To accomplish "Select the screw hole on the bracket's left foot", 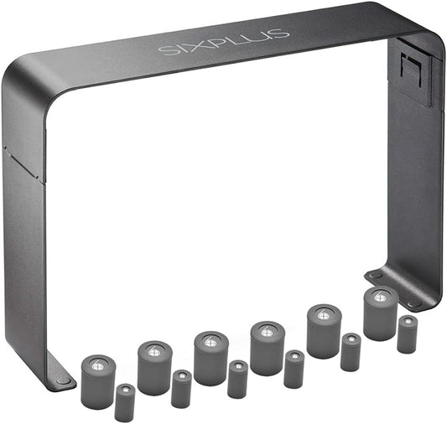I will [x=63, y=380].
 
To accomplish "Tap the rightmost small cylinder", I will [x=408, y=334].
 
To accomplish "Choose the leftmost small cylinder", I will [x=125, y=402].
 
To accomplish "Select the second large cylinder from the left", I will [x=154, y=367].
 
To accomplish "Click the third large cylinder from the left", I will [x=211, y=358].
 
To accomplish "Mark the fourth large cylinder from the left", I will [x=267, y=347].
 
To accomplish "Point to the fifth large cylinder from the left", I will [x=324, y=331].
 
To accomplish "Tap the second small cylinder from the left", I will [x=181, y=389].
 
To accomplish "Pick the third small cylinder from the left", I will [x=237, y=379].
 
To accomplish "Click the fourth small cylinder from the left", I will [x=294, y=369].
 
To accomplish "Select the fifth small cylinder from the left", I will [x=351, y=352].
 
